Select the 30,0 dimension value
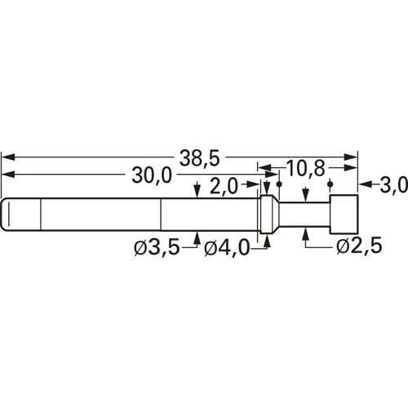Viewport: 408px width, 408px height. (151, 175)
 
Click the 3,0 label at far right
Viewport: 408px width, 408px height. (393, 185)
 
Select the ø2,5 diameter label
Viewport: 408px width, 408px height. (357, 247)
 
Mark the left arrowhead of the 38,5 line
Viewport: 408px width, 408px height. (7, 155)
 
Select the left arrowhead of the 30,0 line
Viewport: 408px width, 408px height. (7, 175)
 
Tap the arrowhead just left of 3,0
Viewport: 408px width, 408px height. (365, 185)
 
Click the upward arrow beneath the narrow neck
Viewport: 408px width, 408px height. (304, 235)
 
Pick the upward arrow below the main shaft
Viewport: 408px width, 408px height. (197, 237)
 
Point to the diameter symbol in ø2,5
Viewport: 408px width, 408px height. (340, 247)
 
